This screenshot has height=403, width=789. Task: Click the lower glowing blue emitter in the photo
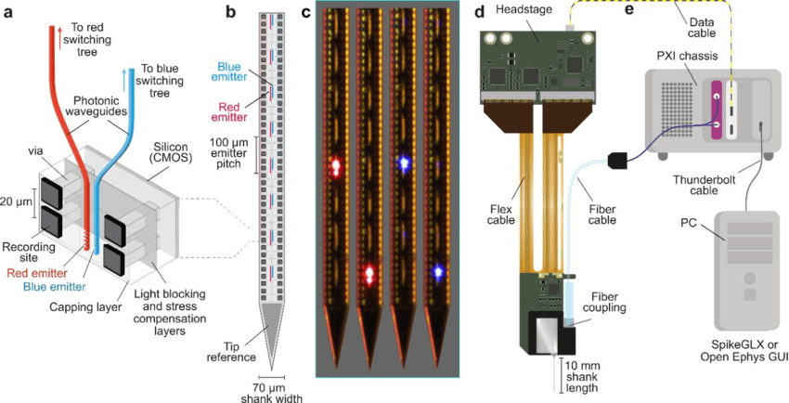435,271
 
